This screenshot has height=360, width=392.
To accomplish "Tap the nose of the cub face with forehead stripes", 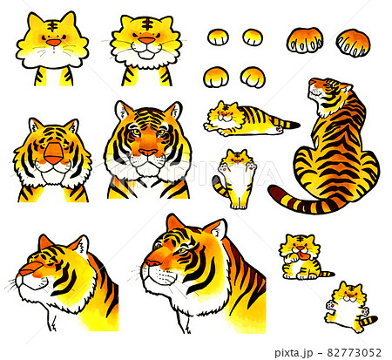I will [x=146, y=39].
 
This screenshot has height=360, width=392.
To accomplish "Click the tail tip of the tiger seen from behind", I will [x=274, y=193].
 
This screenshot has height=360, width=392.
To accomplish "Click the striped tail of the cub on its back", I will [x=368, y=320].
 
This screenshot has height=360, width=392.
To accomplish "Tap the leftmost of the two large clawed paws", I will [x=304, y=40].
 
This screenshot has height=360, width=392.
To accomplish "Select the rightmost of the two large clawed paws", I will [x=353, y=42].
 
